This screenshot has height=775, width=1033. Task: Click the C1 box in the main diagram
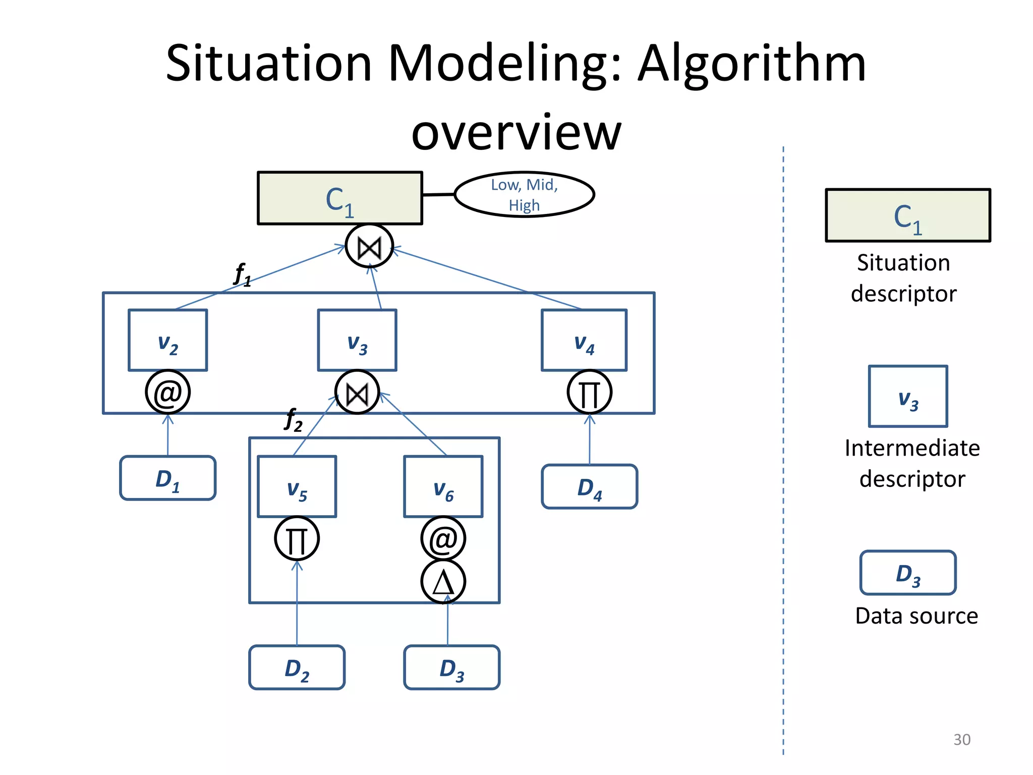tap(339, 198)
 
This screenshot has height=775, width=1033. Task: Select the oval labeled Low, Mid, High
tap(524, 195)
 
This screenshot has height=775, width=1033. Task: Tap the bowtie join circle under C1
tap(369, 247)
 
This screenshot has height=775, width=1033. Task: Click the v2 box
tap(167, 340)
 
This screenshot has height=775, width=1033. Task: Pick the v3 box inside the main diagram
tap(357, 340)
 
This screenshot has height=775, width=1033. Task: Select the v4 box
tap(584, 340)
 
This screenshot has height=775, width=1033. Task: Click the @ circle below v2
tap(167, 393)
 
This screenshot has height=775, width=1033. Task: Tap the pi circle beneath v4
tap(589, 393)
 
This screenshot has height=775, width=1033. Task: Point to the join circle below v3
tap(357, 393)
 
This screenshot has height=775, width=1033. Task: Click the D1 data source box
tap(167, 478)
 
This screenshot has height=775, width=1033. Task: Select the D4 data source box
tap(589, 486)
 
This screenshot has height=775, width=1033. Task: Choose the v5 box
tap(297, 486)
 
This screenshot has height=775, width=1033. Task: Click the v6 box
tap(443, 486)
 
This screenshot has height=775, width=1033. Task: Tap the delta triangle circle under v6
tap(443, 582)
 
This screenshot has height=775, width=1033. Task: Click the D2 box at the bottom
tap(297, 667)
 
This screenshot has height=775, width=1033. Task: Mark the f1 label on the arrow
tap(243, 275)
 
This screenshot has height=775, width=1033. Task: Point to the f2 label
tap(294, 420)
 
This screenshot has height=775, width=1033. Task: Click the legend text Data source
tap(916, 616)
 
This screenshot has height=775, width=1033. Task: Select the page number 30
tap(961, 739)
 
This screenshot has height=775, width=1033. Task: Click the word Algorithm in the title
tap(752, 64)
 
